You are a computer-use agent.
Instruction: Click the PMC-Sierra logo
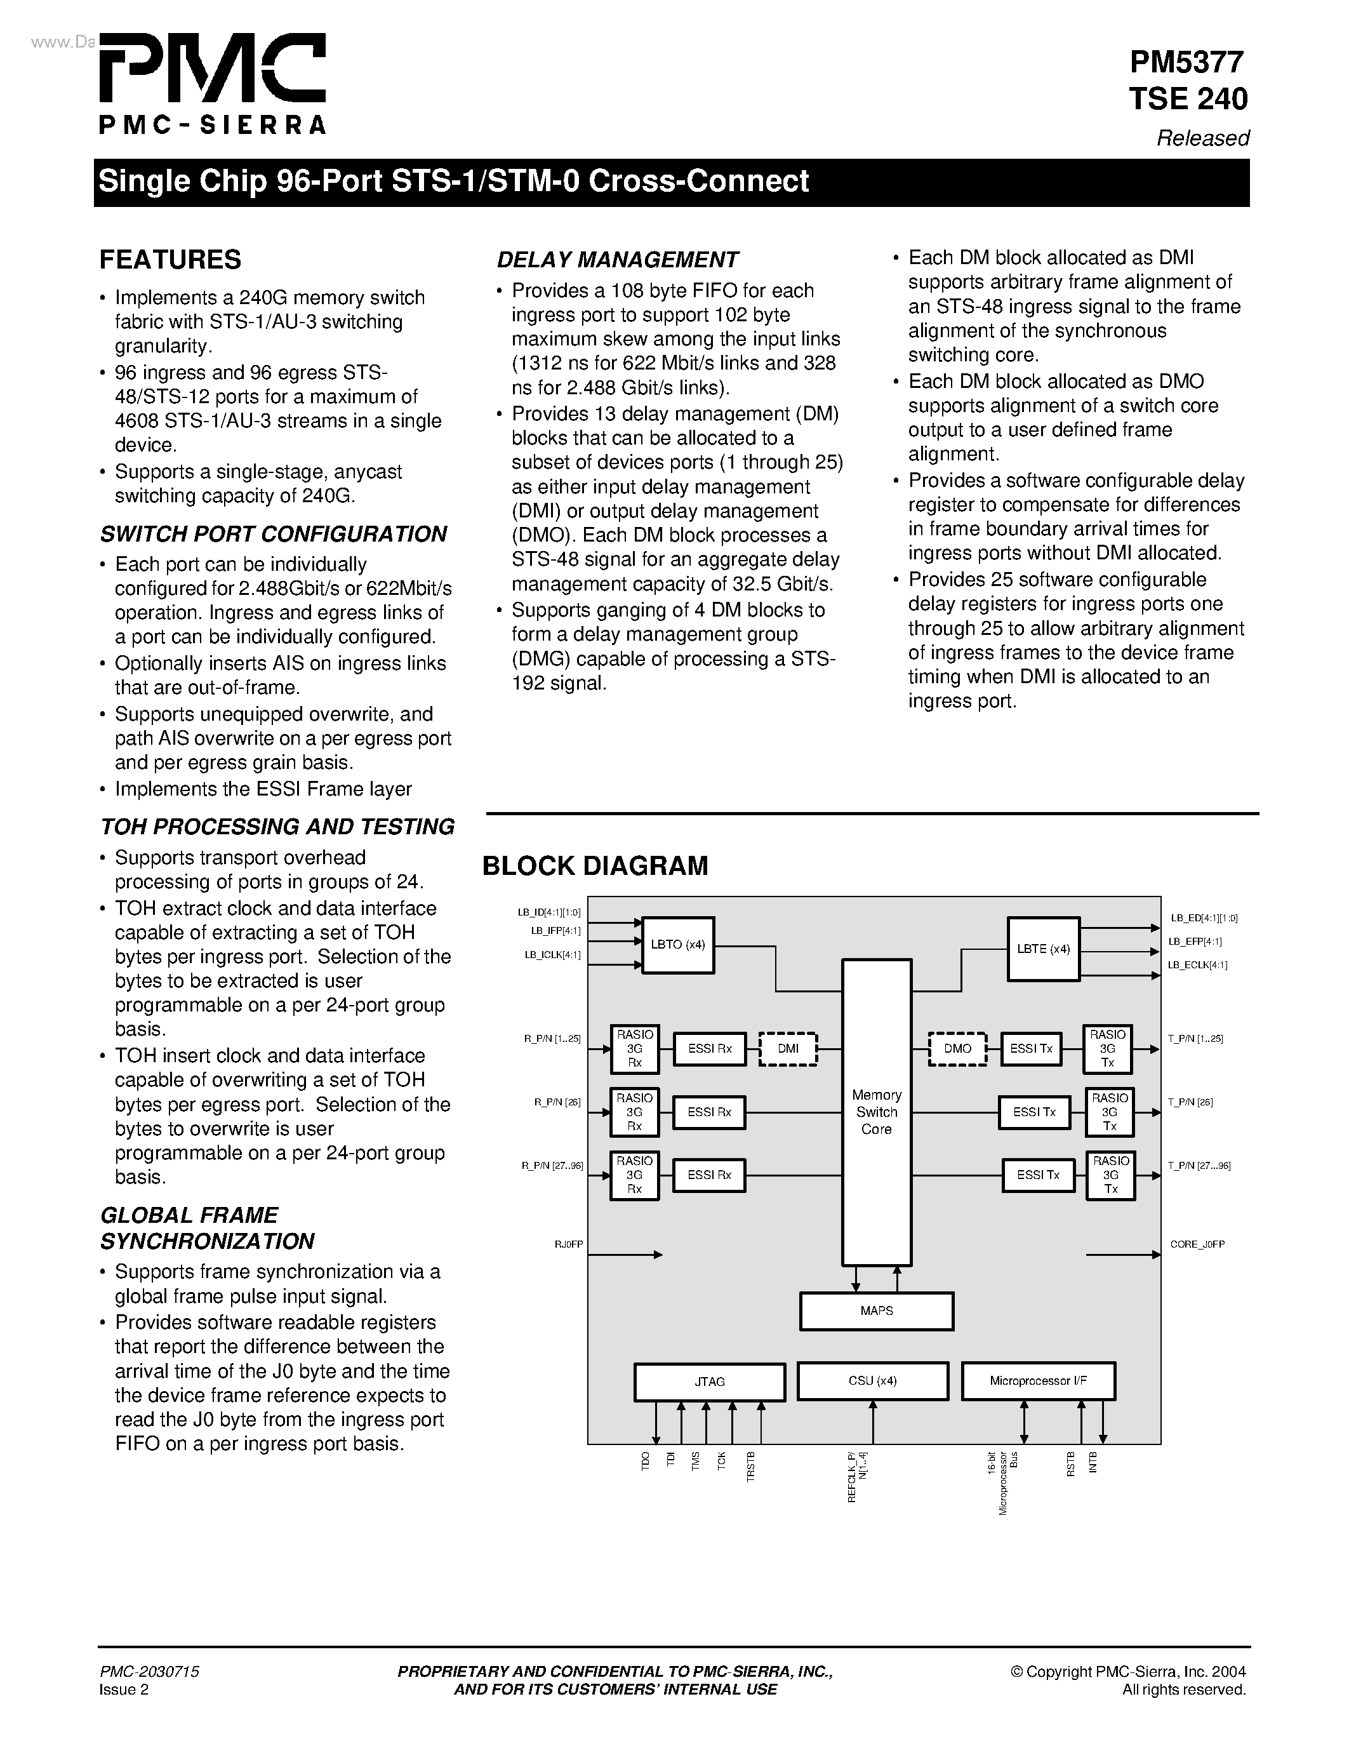click(x=212, y=83)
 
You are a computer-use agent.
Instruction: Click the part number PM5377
click(x=1186, y=62)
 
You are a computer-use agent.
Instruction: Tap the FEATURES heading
click(x=170, y=260)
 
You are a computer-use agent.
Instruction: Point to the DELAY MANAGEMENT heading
click(x=617, y=260)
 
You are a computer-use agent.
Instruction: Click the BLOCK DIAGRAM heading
click(x=595, y=866)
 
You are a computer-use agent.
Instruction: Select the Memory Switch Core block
click(x=877, y=1111)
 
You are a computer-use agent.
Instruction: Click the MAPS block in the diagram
click(x=877, y=1311)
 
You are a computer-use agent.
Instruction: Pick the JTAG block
click(x=710, y=1382)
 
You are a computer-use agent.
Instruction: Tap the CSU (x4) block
click(x=873, y=1381)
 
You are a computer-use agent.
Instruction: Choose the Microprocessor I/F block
click(x=1038, y=1381)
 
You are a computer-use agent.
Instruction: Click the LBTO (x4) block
click(x=678, y=944)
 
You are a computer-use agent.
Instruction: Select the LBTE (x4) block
click(x=1043, y=949)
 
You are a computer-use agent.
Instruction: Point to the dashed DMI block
click(x=788, y=1048)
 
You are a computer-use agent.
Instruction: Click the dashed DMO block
click(x=957, y=1048)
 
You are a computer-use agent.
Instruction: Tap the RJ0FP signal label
click(x=569, y=1244)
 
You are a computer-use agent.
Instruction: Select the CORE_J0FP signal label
click(x=1197, y=1244)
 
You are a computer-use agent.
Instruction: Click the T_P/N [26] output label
click(x=1190, y=1102)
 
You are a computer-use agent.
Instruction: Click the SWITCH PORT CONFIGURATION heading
click(x=274, y=534)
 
